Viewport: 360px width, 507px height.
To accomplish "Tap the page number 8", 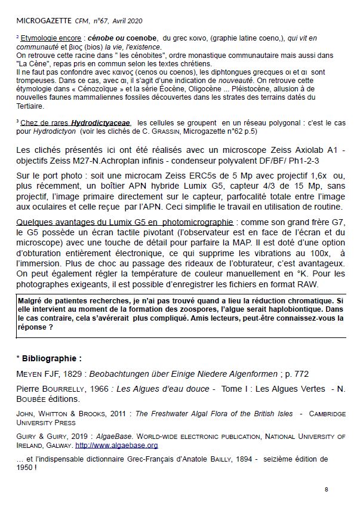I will point(327,490).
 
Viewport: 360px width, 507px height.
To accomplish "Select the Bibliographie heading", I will point(51,359).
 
